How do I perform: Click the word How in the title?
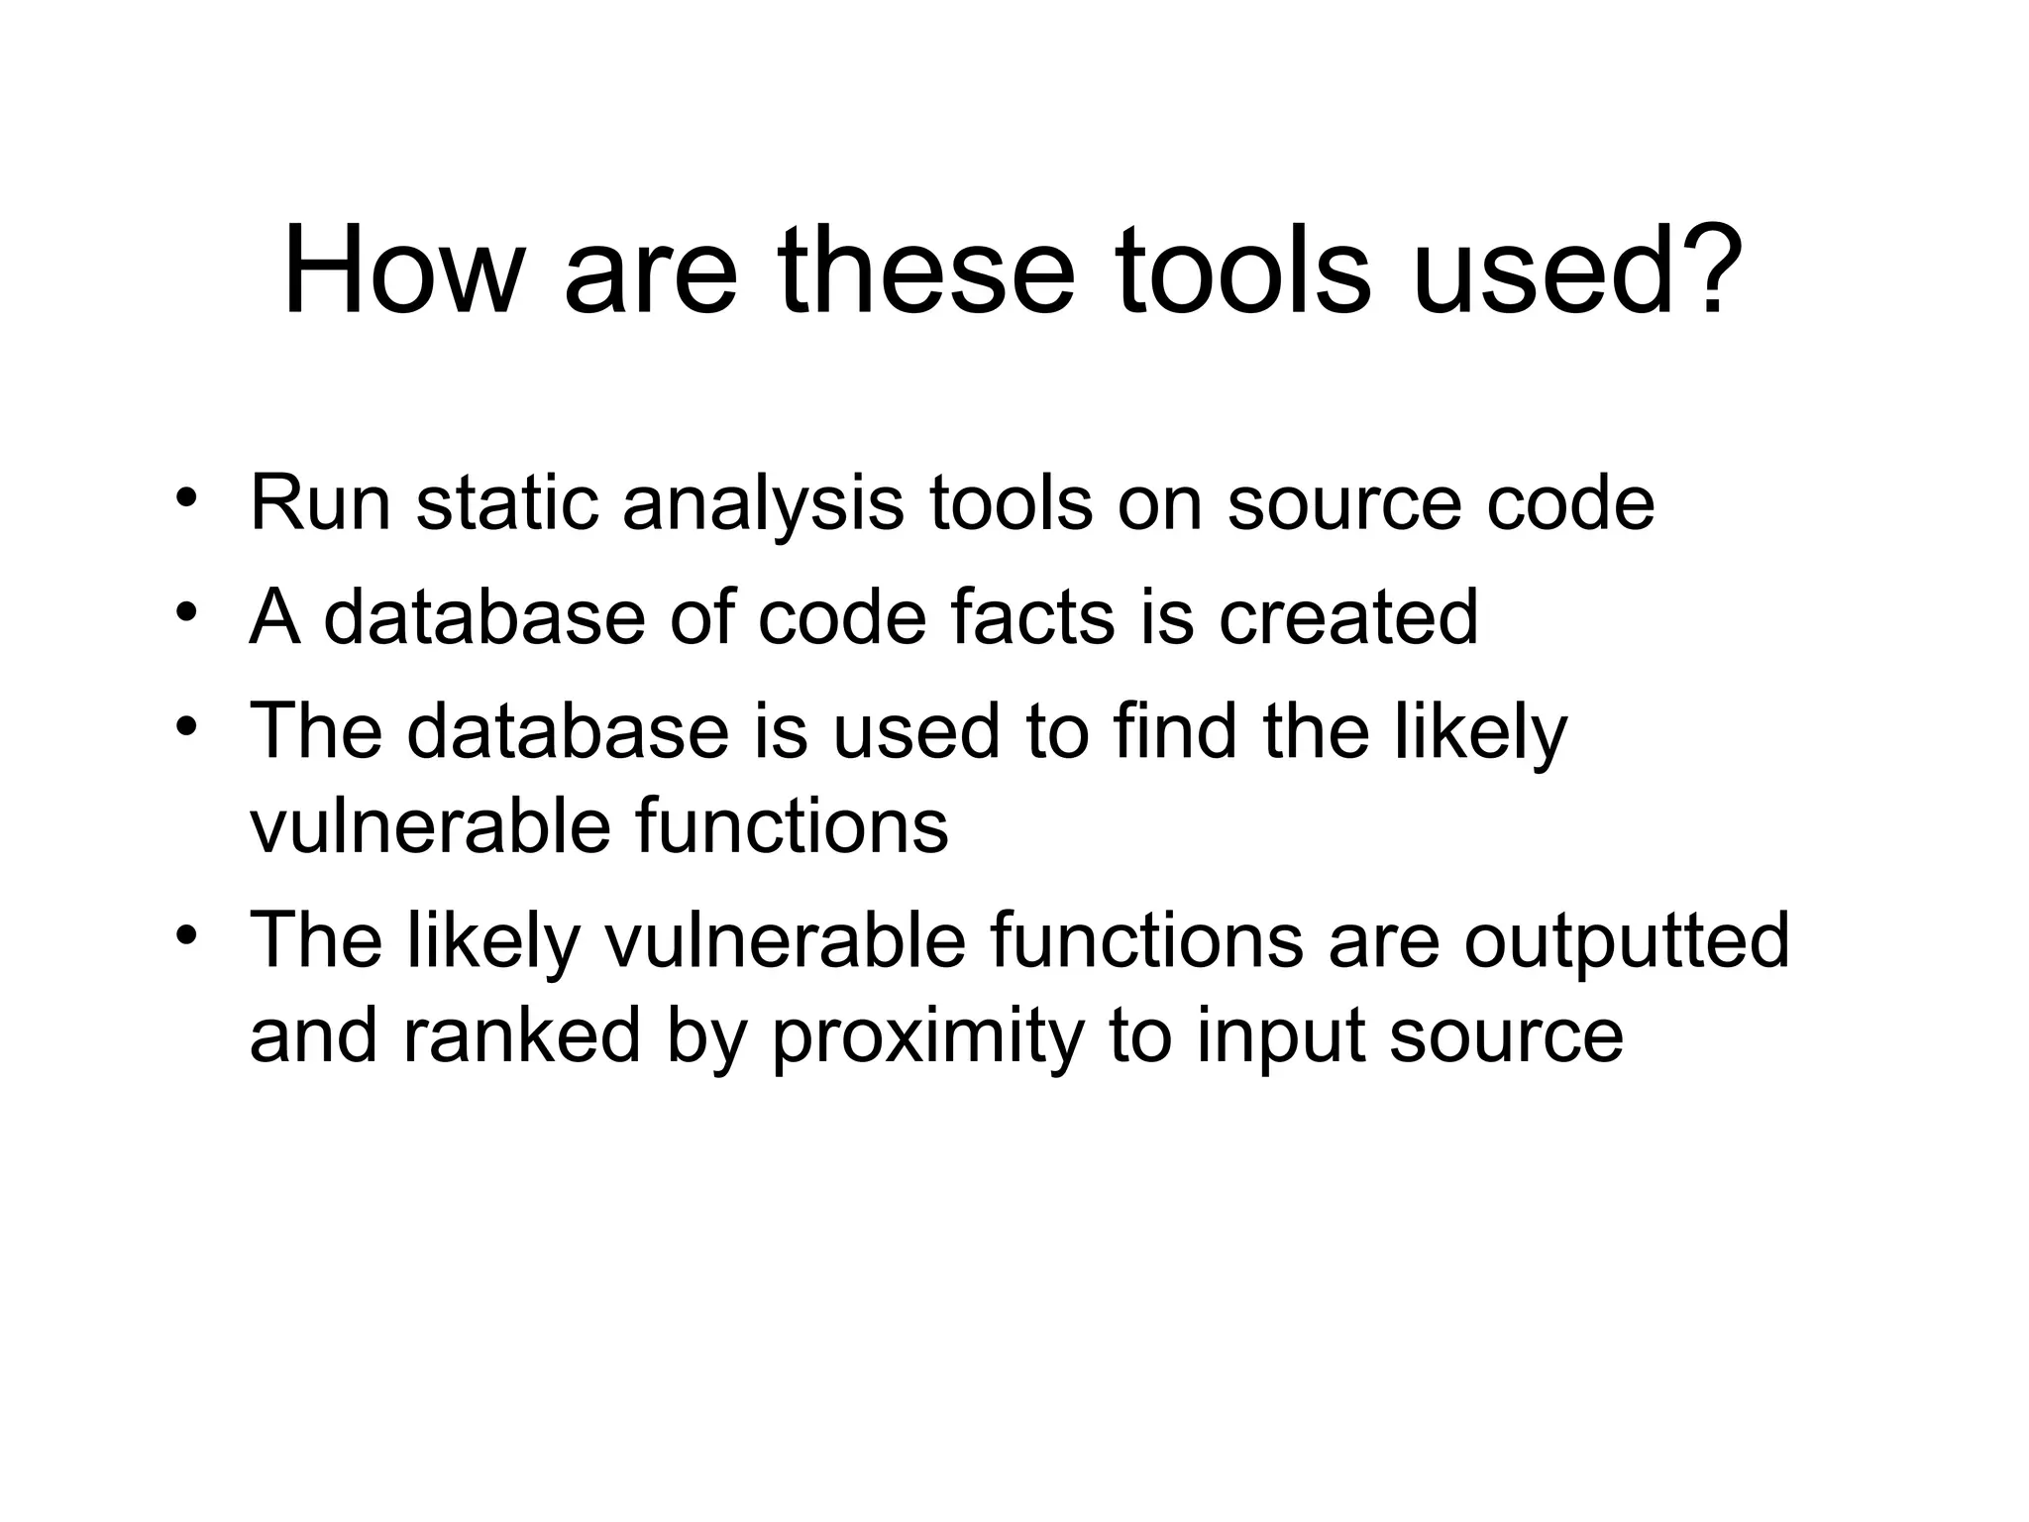tap(402, 271)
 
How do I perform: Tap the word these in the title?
tap(926, 271)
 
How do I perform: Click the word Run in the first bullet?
tap(320, 502)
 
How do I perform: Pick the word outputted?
tap(1627, 941)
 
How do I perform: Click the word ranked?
tap(521, 1035)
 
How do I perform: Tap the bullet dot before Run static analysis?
tap(185, 495)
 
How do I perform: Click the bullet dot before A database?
tap(185, 610)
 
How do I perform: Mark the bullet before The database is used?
tap(185, 724)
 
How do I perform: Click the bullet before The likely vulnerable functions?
tap(185, 934)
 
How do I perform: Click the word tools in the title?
tap(1243, 271)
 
